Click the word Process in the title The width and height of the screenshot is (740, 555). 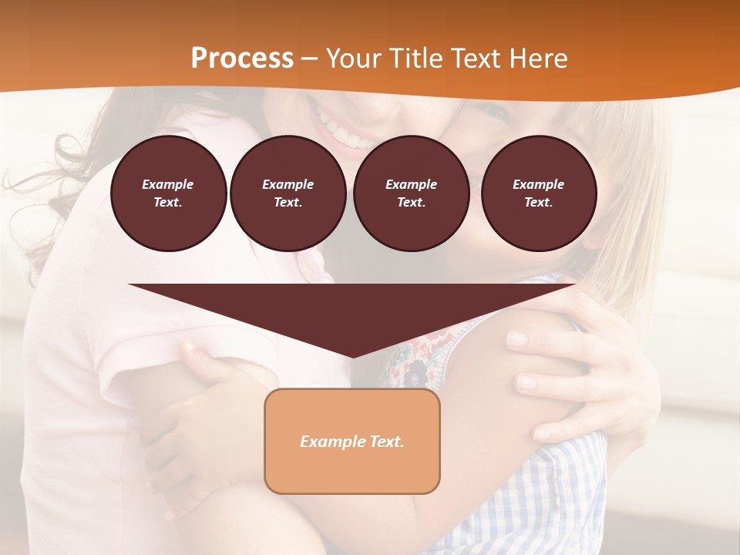242,59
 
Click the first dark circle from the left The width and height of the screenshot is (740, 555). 168,193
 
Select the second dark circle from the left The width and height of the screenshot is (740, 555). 288,193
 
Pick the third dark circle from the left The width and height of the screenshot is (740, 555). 411,193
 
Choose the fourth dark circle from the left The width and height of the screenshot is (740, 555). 538,193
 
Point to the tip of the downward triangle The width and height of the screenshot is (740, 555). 352,355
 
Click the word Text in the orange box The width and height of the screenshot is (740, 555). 386,442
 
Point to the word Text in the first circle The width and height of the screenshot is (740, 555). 167,203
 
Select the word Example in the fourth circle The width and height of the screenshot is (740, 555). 538,184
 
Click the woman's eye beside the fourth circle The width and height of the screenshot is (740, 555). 493,116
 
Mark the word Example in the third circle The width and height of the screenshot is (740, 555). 411,184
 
